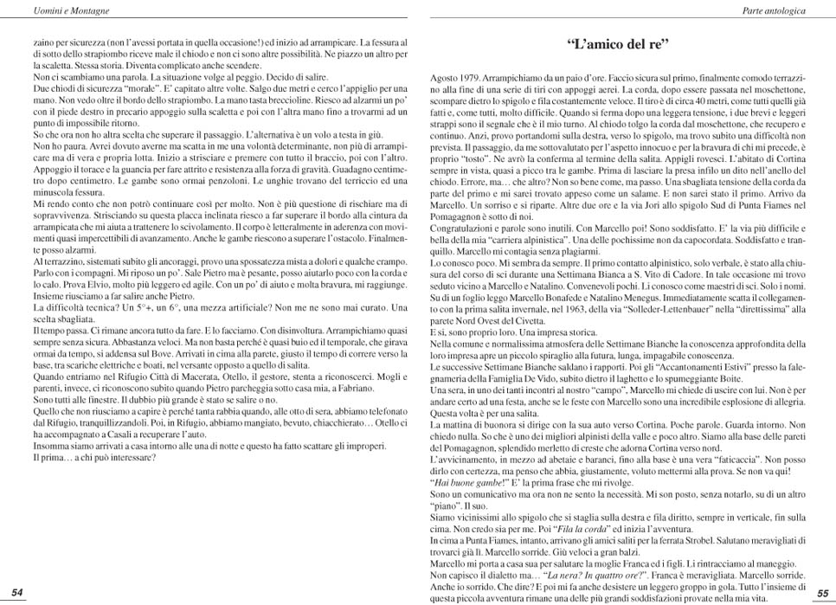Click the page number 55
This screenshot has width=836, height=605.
click(822, 592)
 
